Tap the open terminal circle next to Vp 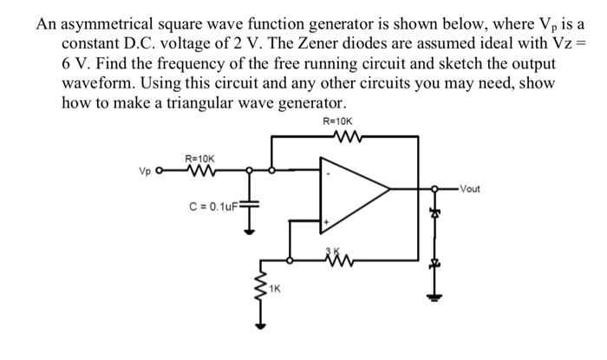tap(159, 172)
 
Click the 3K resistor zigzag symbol tap(334, 259)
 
